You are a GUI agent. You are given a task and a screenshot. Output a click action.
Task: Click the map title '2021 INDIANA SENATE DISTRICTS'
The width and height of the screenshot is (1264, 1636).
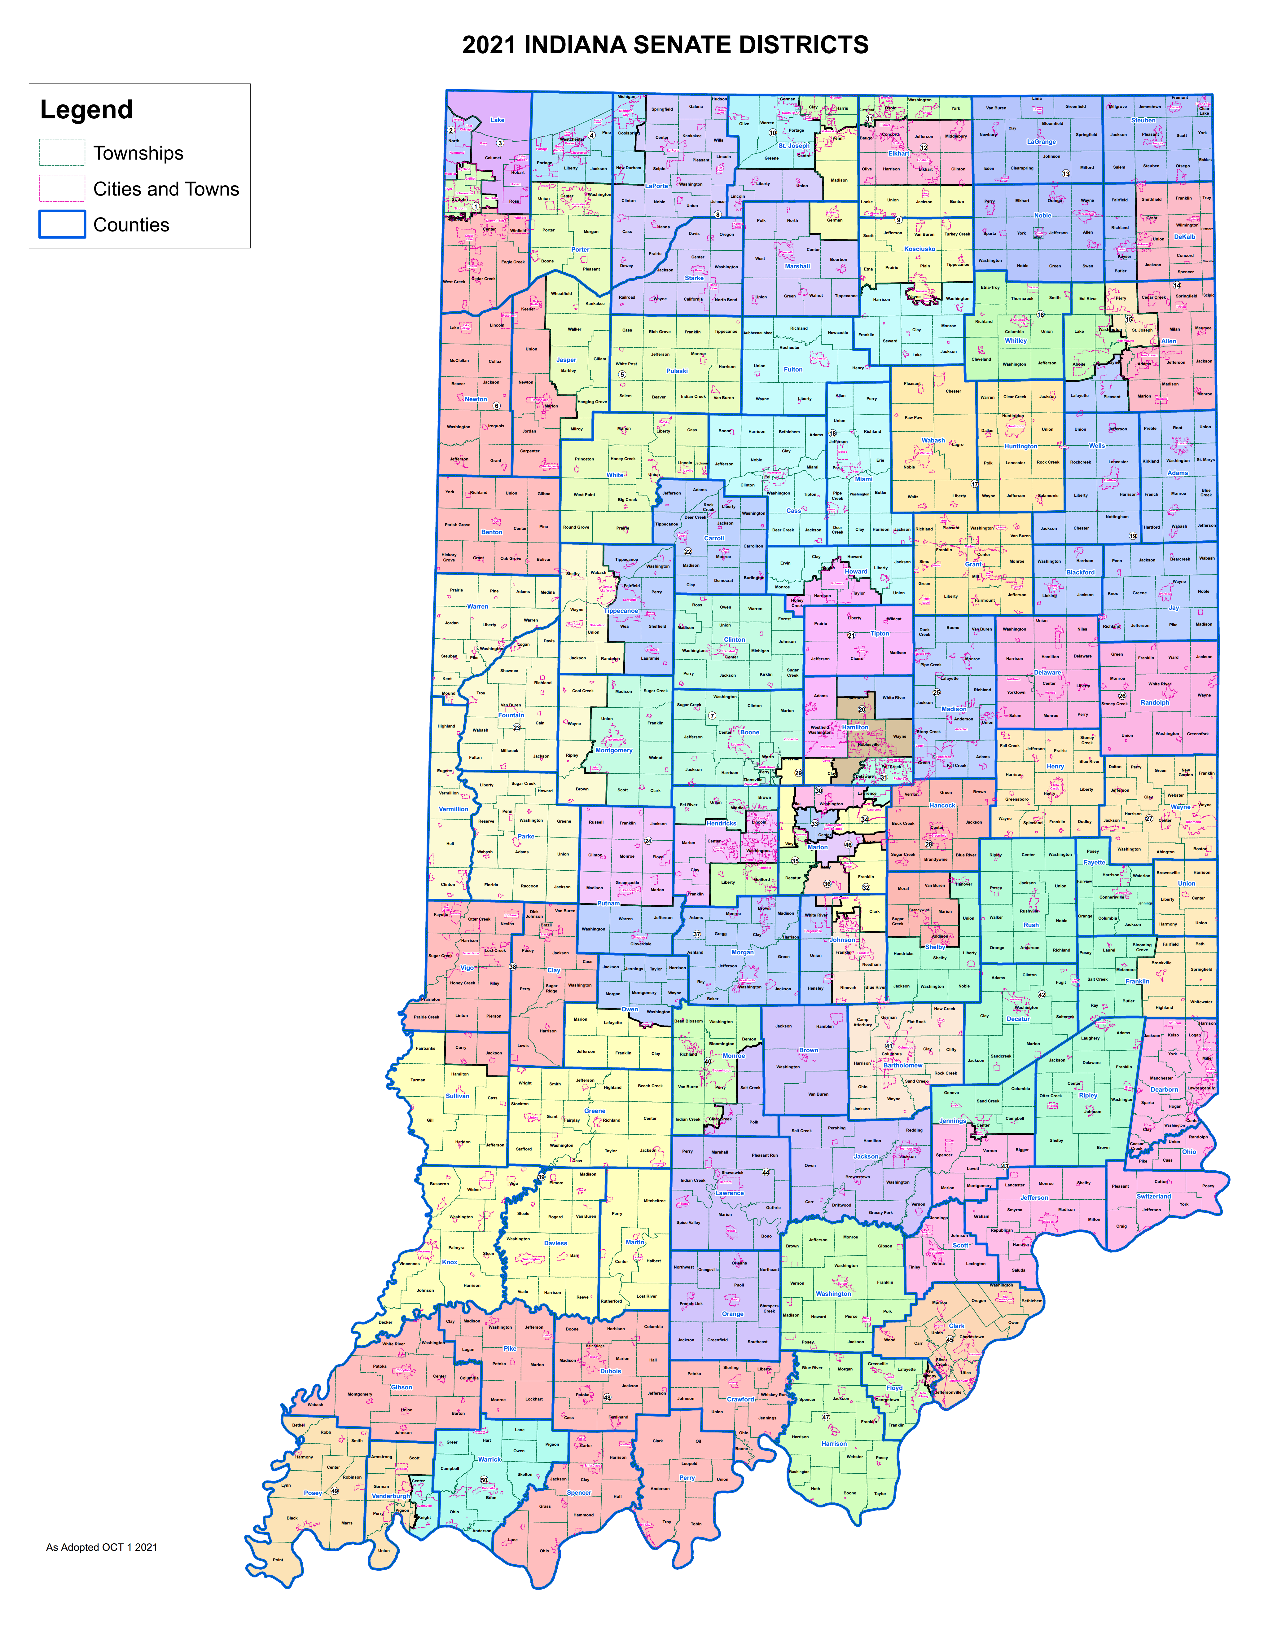coord(665,45)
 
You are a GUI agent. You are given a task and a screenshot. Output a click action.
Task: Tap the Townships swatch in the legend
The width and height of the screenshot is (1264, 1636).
coord(62,153)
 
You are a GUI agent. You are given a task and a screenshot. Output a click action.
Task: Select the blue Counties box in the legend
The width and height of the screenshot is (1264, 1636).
coord(62,225)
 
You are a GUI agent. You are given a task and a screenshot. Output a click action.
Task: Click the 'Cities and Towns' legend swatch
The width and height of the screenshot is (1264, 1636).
coord(62,189)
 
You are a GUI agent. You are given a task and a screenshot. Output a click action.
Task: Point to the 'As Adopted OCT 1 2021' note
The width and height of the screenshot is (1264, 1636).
coord(102,1547)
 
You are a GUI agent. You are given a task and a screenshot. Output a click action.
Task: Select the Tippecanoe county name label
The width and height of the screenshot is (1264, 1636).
coord(621,610)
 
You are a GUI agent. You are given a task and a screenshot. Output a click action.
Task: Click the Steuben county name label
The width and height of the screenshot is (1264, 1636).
coord(1143,120)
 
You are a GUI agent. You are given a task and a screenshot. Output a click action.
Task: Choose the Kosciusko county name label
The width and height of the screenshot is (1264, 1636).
coord(919,249)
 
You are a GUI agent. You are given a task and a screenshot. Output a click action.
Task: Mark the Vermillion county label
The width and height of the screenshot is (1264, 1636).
coord(453,809)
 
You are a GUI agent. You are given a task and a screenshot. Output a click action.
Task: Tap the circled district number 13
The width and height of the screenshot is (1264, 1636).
coord(1065,174)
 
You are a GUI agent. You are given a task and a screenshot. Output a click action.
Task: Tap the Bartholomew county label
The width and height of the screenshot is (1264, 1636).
coord(902,1065)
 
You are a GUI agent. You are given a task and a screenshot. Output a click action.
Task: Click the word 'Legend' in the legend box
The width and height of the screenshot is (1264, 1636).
coord(86,110)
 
